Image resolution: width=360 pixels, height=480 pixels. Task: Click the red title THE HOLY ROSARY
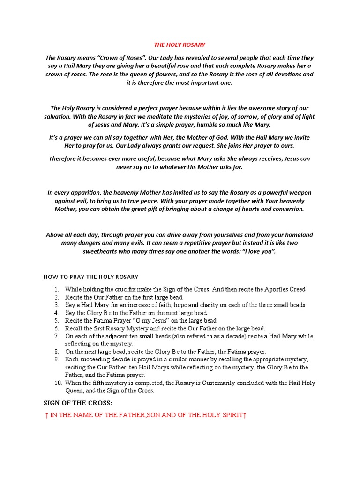point(180,45)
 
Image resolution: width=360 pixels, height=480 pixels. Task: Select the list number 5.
point(56,320)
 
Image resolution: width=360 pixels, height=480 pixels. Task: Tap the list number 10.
point(57,382)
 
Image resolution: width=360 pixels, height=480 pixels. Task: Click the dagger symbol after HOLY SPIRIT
point(245,415)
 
